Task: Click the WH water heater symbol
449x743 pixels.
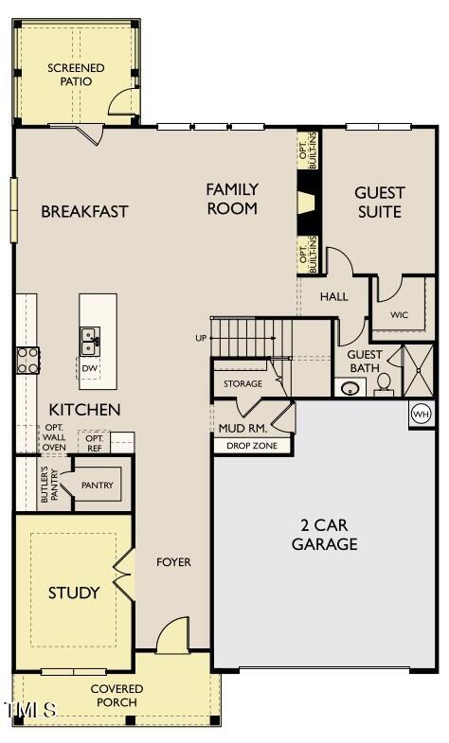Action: tap(421, 414)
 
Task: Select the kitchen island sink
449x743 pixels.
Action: tap(90, 337)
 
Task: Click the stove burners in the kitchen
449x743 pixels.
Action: tap(27, 359)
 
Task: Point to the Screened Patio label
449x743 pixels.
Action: tap(76, 75)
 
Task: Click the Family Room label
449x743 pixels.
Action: tap(232, 199)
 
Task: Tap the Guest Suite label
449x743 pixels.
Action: tap(379, 203)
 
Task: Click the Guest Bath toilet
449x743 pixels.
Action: tap(384, 383)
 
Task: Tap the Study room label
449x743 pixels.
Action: tap(74, 593)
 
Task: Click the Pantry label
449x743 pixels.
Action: tap(97, 486)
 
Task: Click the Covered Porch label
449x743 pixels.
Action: tap(117, 695)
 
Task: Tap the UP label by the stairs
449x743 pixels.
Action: tap(200, 338)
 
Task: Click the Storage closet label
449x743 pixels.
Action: tap(242, 383)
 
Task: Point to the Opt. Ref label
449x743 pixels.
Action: tap(95, 443)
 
